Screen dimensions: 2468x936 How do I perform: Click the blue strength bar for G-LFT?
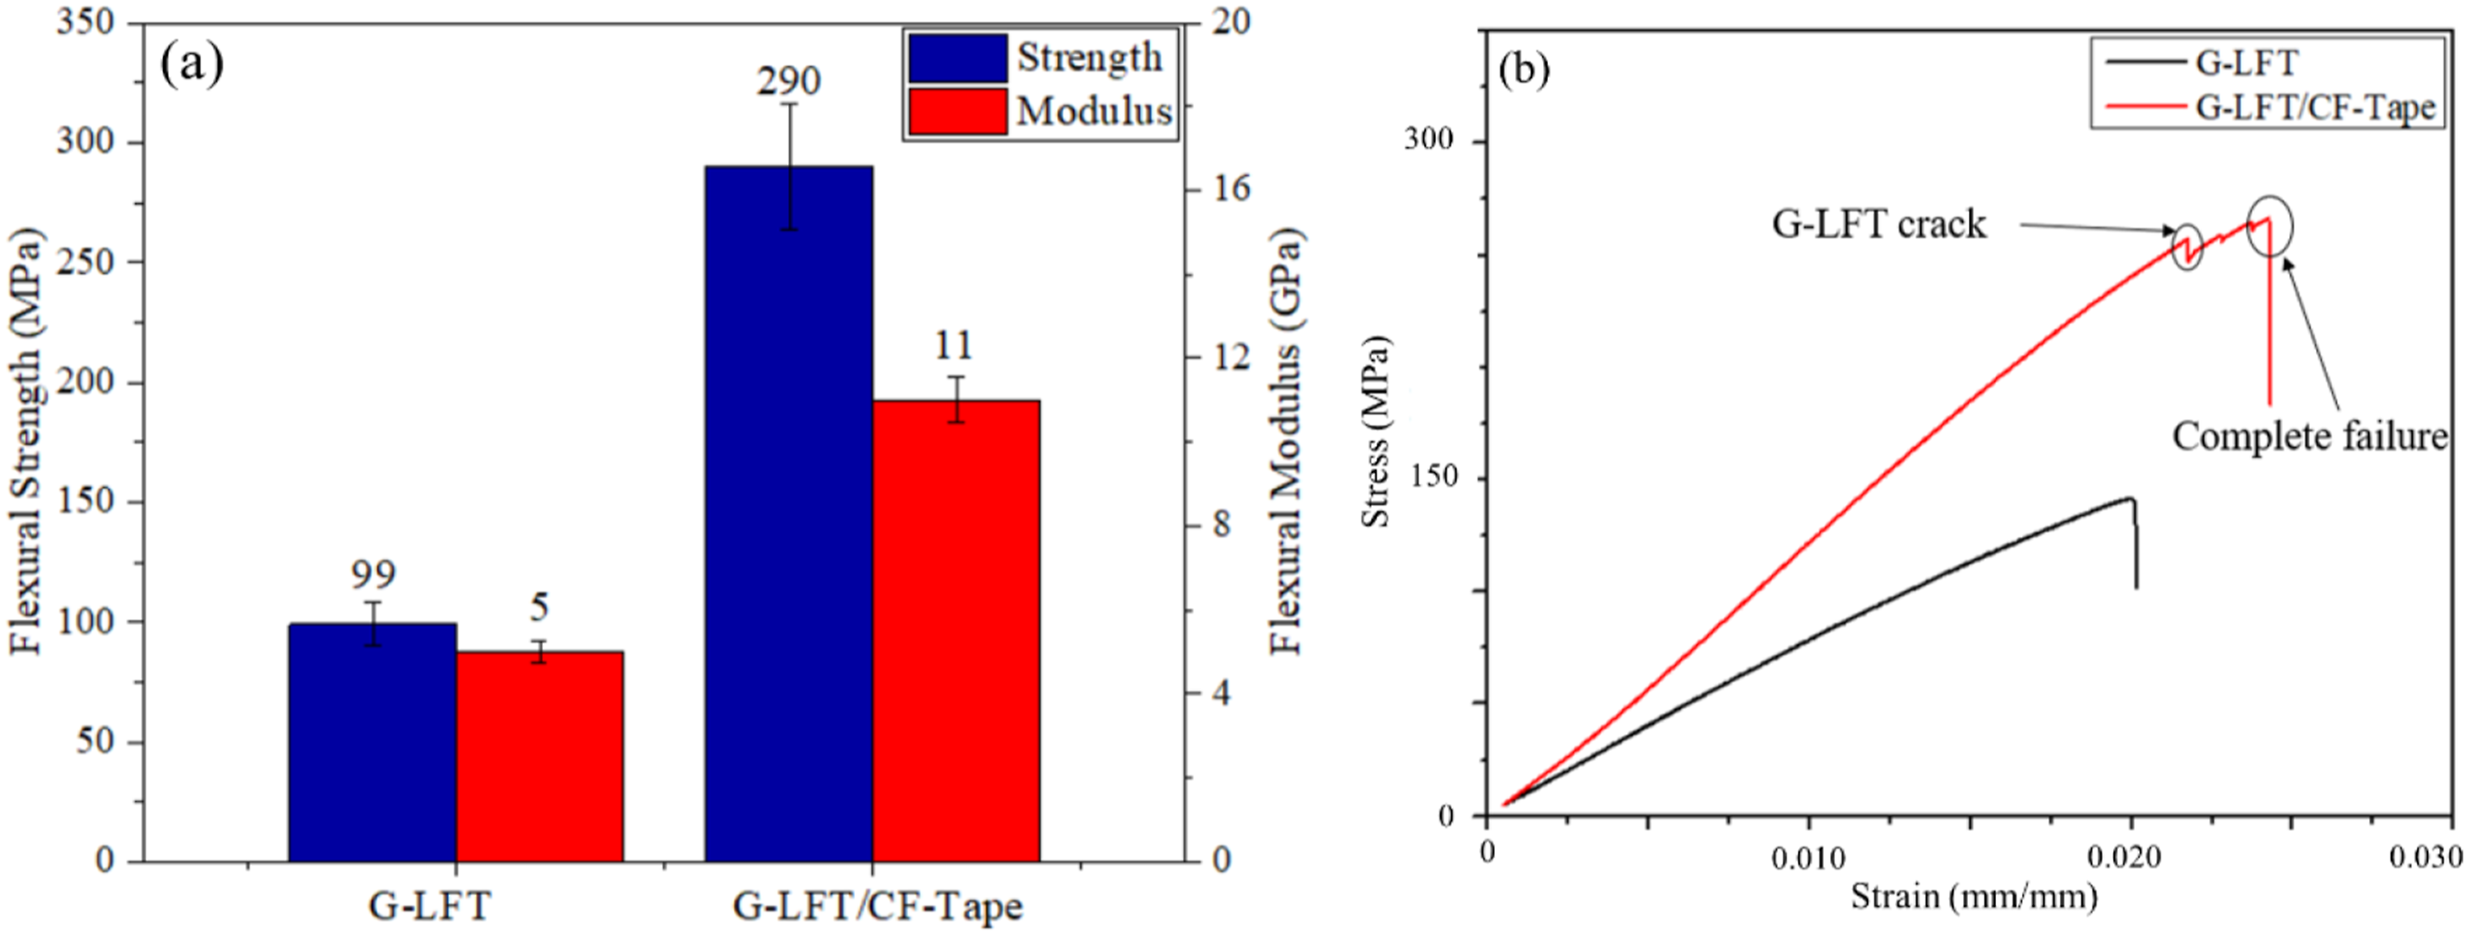(372, 742)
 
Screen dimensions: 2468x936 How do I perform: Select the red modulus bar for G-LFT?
(539, 757)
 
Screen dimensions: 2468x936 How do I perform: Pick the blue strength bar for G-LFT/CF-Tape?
(789, 513)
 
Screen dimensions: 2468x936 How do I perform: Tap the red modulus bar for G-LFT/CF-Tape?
(956, 631)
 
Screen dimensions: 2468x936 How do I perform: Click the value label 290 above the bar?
(789, 81)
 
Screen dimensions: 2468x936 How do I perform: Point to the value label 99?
(373, 575)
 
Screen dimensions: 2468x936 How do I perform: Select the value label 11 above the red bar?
(954, 345)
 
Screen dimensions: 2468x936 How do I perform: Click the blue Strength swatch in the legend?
(958, 59)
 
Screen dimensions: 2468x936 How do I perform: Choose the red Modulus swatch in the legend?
(958, 111)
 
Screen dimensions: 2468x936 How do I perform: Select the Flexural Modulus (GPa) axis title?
(1287, 441)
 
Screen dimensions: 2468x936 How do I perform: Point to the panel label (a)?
(192, 64)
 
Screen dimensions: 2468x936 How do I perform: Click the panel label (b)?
(1523, 70)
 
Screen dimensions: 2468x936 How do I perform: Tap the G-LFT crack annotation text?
(1878, 224)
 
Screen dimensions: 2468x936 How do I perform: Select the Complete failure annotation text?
(2310, 436)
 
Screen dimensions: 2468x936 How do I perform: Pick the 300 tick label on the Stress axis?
(1429, 140)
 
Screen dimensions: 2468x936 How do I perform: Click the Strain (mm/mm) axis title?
(1974, 897)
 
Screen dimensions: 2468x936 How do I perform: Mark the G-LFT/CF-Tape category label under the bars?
(877, 906)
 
